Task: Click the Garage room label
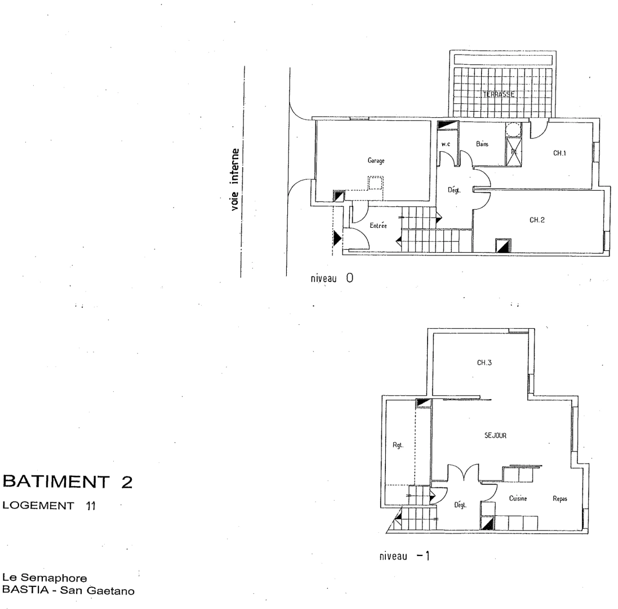pos(376,161)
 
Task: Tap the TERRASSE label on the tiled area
pos(498,95)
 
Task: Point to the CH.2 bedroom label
pos(536,220)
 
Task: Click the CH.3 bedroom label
pos(484,363)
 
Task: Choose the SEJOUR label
pos(496,435)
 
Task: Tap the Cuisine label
pos(518,498)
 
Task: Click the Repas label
pos(559,498)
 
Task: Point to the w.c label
pos(446,144)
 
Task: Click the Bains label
pos(482,144)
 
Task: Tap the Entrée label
pos(378,226)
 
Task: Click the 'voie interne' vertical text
pos(235,179)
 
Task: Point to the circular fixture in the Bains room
pos(513,129)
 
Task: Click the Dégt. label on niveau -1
pos(461,505)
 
